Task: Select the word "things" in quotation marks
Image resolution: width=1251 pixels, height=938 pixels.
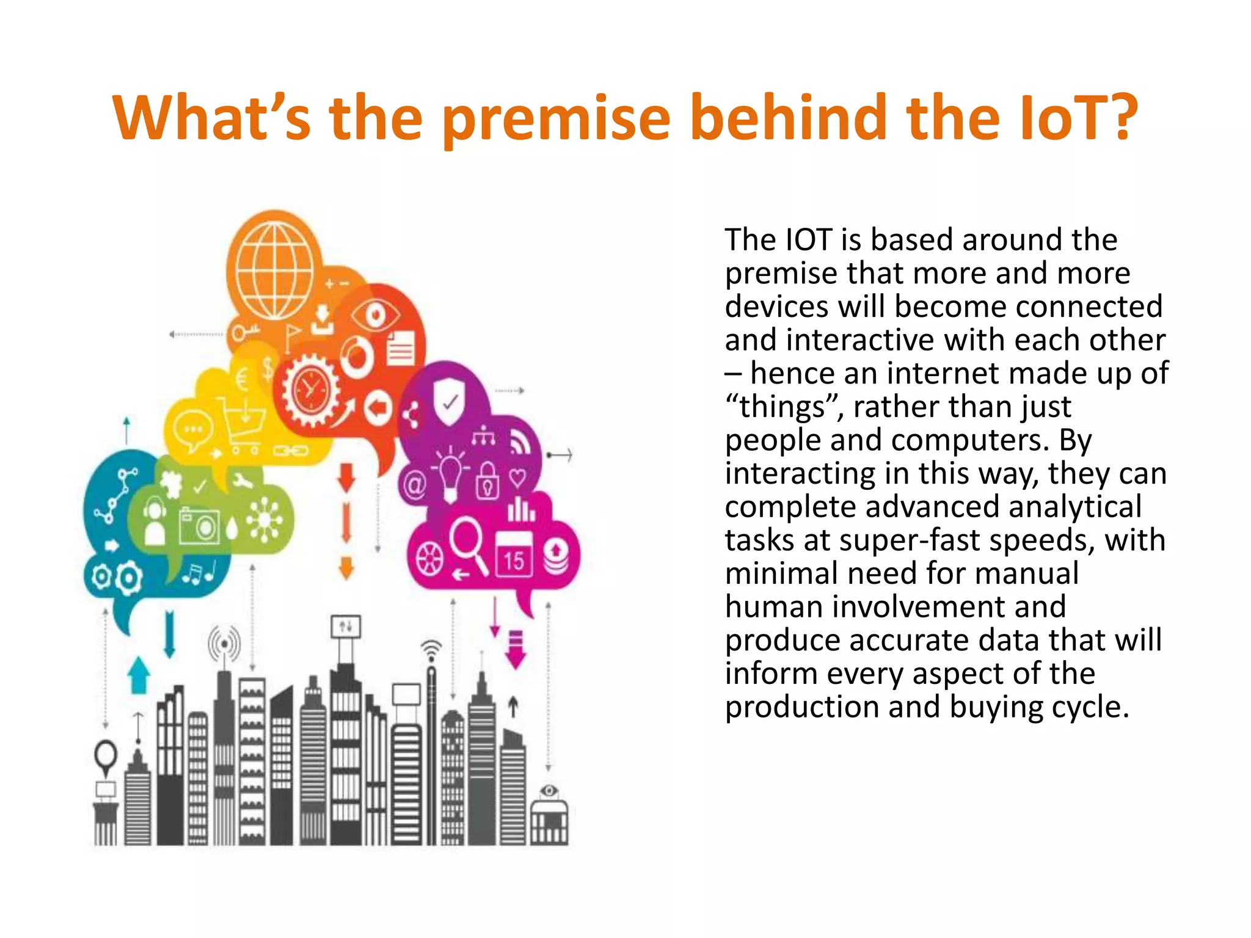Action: pyautogui.click(x=784, y=407)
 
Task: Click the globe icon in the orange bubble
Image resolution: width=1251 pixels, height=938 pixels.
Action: pyautogui.click(x=275, y=269)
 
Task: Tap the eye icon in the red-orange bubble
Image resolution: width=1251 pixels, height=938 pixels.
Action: pyautogui.click(x=375, y=315)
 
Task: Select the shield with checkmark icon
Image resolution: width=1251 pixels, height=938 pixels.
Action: pyautogui.click(x=450, y=400)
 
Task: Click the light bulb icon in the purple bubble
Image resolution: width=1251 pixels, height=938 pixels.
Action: pyautogui.click(x=450, y=473)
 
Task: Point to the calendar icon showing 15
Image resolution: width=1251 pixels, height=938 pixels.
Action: pyautogui.click(x=513, y=554)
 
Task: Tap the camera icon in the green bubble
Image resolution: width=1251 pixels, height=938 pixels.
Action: pyautogui.click(x=199, y=525)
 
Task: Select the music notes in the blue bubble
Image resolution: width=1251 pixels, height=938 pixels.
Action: pyautogui.click(x=199, y=573)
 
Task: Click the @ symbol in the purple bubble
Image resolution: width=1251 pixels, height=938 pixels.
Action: pyautogui.click(x=415, y=485)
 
